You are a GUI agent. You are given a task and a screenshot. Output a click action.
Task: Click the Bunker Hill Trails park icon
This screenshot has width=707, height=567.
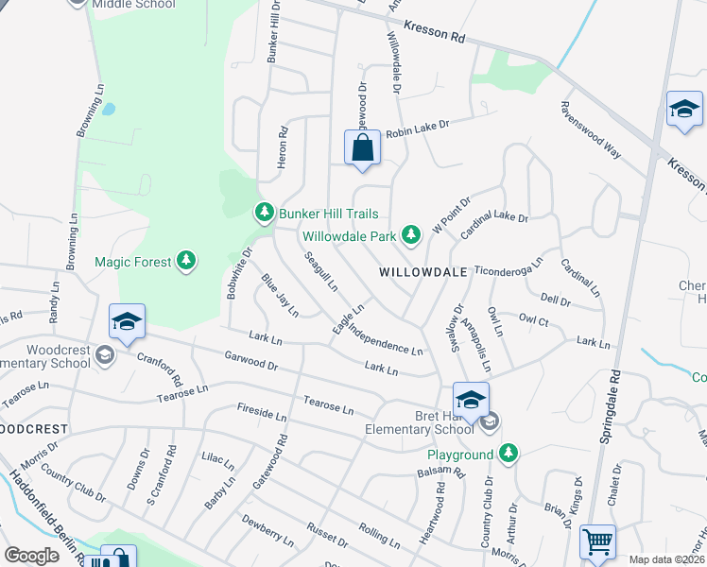coord(265,212)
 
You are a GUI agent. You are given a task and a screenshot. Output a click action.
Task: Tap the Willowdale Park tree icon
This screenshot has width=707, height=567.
coord(410,233)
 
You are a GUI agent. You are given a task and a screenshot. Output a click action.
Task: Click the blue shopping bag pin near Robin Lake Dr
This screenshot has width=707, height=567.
coord(362,148)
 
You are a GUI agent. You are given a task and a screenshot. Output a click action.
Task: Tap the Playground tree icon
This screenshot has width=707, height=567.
coord(509,455)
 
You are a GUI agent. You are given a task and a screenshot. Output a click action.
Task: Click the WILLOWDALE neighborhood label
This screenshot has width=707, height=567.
coord(424,271)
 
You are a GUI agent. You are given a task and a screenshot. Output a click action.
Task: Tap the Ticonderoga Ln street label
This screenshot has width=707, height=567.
coord(509,265)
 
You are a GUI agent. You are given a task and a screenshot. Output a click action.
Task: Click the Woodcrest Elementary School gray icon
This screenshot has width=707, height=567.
coord(105,356)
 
